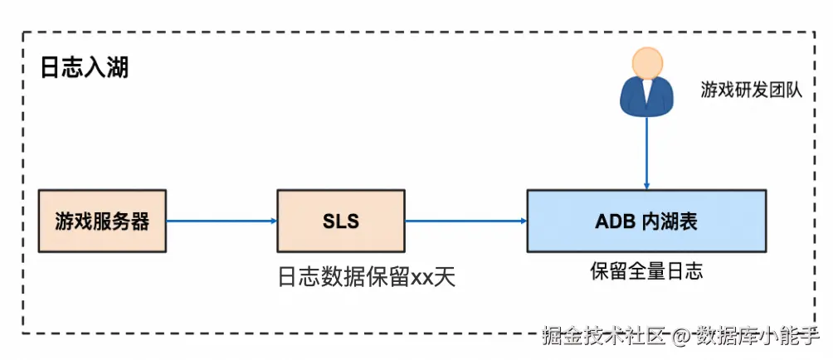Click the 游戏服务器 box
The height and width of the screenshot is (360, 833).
point(102,221)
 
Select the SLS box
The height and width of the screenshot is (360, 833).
point(341,221)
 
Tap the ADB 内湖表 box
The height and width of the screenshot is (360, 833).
point(646,221)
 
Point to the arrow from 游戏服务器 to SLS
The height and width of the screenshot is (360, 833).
point(220,221)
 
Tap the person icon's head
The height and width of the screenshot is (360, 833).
point(646,65)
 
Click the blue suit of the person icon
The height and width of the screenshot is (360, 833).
point(646,100)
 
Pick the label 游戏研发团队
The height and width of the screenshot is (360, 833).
point(752,90)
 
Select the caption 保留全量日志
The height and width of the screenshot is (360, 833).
point(646,270)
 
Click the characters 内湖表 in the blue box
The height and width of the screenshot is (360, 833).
point(670,221)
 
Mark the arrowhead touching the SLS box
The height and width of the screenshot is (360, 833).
point(272,221)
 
